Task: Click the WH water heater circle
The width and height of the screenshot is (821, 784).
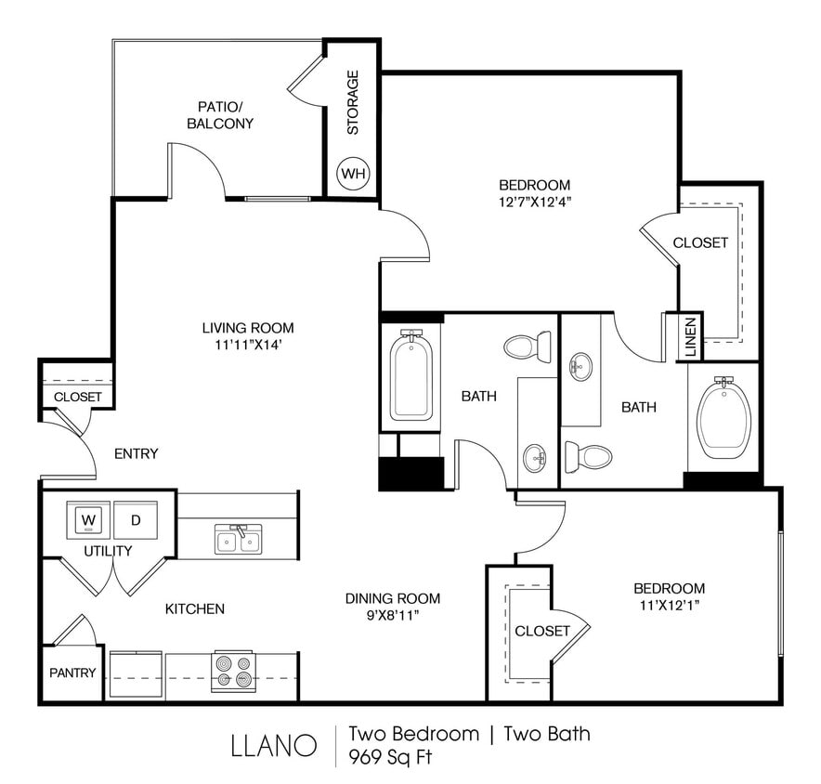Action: (353, 173)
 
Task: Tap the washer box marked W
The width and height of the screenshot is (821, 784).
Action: (89, 520)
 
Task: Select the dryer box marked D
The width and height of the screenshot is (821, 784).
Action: (135, 520)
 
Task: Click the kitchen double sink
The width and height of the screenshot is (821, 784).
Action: (238, 539)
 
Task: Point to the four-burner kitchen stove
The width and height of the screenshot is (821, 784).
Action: (233, 671)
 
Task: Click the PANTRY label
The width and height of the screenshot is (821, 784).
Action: (72, 673)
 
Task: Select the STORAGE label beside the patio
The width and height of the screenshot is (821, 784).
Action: (353, 102)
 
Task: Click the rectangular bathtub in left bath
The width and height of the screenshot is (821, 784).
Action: (410, 377)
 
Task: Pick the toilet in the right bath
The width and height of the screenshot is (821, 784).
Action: (588, 456)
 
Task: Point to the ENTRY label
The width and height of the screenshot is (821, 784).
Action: (136, 453)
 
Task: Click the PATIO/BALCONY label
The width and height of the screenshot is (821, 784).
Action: (220, 114)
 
